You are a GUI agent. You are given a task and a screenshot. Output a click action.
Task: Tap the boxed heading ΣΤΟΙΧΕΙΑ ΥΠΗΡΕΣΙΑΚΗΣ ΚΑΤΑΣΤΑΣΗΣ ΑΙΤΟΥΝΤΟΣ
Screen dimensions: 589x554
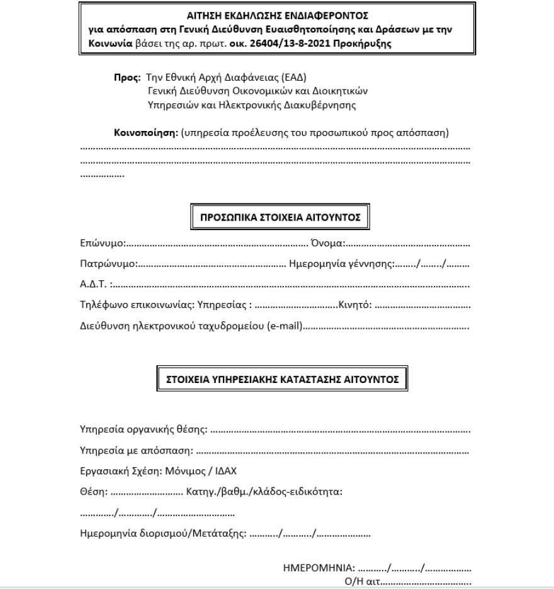(x=281, y=380)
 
